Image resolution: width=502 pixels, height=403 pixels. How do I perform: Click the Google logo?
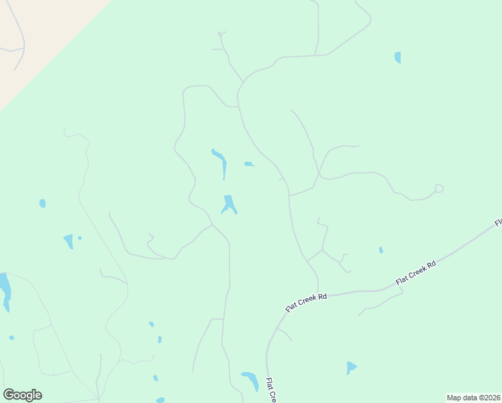(22, 395)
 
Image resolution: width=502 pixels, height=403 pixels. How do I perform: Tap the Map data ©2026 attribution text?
(474, 398)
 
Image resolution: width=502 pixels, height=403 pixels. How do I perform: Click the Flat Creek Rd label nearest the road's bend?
(306, 302)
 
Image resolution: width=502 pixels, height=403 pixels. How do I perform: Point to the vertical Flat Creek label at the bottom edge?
(270, 390)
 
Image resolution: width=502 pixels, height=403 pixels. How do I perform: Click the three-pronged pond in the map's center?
(230, 204)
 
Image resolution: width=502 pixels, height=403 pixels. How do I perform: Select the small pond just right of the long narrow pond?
(248, 164)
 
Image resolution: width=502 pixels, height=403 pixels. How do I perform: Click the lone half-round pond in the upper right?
(398, 58)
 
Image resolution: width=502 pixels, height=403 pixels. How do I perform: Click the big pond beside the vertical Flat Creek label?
(250, 380)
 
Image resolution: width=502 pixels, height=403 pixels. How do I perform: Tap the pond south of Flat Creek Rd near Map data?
(351, 367)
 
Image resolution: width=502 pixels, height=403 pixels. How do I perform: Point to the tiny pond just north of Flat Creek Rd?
(381, 250)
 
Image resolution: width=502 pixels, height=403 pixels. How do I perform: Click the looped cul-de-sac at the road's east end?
(439, 188)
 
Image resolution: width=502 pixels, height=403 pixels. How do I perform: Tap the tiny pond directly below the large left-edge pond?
(11, 337)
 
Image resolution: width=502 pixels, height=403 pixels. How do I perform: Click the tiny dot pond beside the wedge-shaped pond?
(80, 238)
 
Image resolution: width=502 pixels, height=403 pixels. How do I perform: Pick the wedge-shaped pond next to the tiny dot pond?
(68, 241)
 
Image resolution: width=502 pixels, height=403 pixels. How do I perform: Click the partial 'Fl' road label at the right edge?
(499, 222)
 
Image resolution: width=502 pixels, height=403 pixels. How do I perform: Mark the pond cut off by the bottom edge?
(160, 400)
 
